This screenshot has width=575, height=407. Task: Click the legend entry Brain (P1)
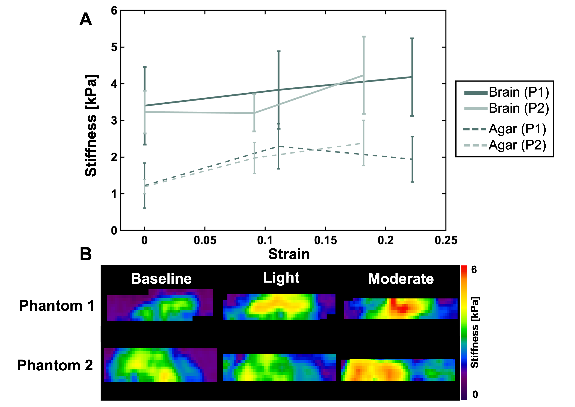518,92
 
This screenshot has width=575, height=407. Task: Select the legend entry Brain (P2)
518,109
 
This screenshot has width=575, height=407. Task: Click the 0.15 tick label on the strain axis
325,240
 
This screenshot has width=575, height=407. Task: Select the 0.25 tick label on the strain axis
446,240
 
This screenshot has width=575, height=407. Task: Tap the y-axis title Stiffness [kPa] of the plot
91,125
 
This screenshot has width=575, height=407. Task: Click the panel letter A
86,20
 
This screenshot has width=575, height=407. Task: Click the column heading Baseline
161,279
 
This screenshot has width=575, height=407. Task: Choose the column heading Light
281,278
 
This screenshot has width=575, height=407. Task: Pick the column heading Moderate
401,279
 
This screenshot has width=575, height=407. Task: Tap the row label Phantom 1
57,306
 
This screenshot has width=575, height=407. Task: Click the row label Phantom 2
55,365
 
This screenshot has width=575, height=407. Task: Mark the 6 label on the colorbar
474,270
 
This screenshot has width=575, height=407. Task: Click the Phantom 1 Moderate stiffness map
401,309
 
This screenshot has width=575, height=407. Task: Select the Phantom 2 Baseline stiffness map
160,365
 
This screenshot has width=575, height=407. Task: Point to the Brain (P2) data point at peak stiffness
364,75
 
